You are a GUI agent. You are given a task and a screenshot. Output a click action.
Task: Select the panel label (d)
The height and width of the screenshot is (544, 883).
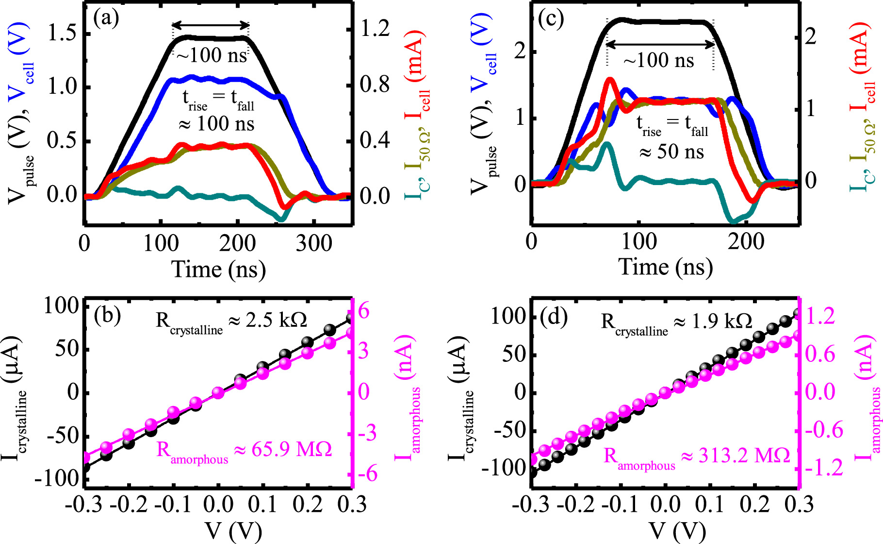tap(554, 318)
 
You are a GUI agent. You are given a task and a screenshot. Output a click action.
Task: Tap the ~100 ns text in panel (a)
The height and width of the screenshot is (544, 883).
tap(212, 55)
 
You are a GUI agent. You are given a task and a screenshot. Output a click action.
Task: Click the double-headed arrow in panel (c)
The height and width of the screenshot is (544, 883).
tap(660, 44)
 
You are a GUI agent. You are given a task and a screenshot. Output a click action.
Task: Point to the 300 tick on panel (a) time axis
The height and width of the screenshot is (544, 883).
tap(314, 243)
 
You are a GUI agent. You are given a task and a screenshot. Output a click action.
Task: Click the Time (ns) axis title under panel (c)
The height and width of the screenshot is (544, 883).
tap(665, 268)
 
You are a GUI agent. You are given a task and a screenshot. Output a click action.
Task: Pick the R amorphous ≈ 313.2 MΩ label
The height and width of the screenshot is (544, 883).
tap(697, 457)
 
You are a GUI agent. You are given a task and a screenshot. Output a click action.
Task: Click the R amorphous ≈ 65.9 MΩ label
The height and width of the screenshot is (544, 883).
tap(244, 451)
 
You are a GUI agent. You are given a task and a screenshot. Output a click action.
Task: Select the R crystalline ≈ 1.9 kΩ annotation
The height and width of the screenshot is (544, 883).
tap(676, 323)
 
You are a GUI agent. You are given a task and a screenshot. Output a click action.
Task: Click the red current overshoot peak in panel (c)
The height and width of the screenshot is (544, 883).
tap(610, 80)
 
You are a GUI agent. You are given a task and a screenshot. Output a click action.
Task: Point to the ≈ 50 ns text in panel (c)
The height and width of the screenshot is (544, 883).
tap(671, 152)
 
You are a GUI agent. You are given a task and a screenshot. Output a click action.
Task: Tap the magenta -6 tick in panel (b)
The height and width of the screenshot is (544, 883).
tap(368, 473)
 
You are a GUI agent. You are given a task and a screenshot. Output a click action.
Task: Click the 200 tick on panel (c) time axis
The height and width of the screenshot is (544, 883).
tap(746, 241)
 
